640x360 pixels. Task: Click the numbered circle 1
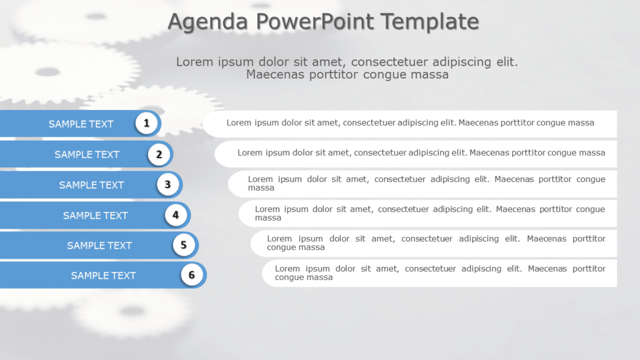click(146, 123)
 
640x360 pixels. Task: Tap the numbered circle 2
click(159, 154)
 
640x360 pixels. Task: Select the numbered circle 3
click(167, 184)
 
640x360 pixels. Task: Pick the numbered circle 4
click(176, 215)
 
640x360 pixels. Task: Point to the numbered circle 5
click(183, 245)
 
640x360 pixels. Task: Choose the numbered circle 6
click(191, 275)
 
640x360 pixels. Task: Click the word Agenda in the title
click(208, 22)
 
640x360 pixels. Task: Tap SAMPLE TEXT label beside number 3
click(91, 185)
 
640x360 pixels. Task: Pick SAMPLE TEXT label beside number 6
click(103, 276)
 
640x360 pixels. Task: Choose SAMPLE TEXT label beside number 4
click(95, 216)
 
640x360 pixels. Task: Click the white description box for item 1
click(410, 123)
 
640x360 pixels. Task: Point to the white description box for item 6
click(439, 273)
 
